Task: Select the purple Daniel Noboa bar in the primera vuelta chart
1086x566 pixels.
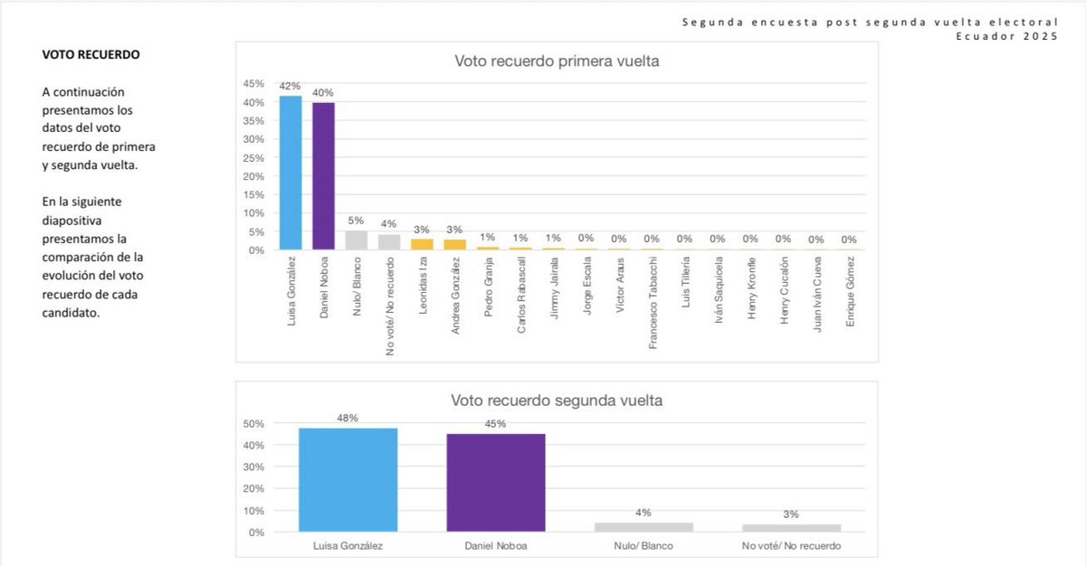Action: click(x=323, y=175)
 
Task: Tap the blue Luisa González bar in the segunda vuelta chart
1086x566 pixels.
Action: click(x=348, y=479)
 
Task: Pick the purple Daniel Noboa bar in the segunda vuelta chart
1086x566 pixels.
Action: click(x=496, y=483)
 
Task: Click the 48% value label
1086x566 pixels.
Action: click(x=348, y=418)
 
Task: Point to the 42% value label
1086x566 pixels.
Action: click(x=290, y=87)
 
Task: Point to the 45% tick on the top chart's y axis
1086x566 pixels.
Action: click(x=252, y=83)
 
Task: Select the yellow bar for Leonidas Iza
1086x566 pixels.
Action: click(x=422, y=243)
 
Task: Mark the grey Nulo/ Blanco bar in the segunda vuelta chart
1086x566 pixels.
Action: click(x=644, y=526)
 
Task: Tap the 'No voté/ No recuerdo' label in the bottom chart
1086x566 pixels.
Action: click(x=793, y=546)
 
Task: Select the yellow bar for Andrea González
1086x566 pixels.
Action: click(x=454, y=243)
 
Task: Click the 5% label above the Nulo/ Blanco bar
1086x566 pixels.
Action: click(x=356, y=220)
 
